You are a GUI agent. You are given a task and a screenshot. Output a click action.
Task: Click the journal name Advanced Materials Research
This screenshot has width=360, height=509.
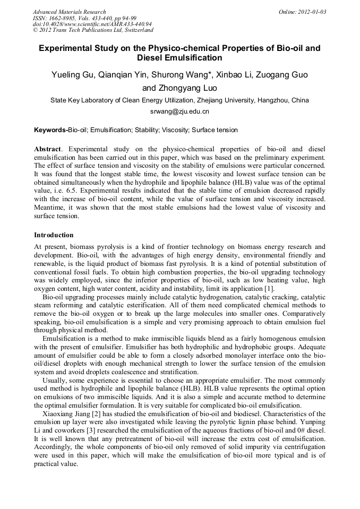coord(69,12)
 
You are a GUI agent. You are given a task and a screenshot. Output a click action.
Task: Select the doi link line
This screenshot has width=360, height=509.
coord(92,24)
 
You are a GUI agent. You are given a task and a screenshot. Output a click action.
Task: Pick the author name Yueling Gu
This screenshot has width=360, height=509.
coord(74,74)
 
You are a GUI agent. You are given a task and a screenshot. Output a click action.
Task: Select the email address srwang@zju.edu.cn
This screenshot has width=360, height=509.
coord(179,111)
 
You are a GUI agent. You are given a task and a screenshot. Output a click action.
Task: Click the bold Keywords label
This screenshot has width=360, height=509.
coord(50,130)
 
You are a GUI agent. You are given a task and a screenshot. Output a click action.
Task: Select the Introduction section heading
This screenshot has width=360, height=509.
coord(54,235)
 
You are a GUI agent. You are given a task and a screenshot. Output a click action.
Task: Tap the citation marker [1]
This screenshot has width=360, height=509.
coord(269,288)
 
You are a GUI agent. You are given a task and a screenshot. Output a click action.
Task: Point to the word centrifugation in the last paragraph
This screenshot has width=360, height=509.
coord(301,447)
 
